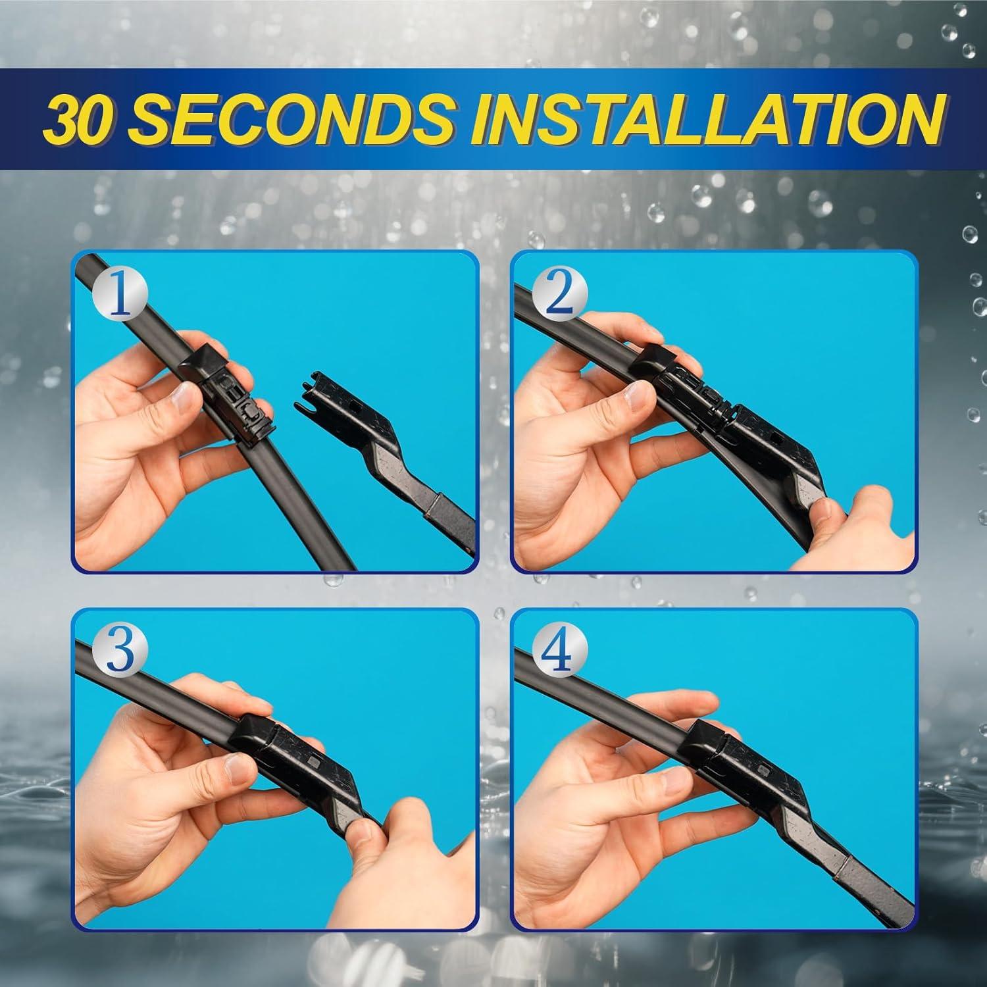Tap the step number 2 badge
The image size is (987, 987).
(x=559, y=296)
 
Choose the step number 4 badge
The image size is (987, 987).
(x=559, y=653)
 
